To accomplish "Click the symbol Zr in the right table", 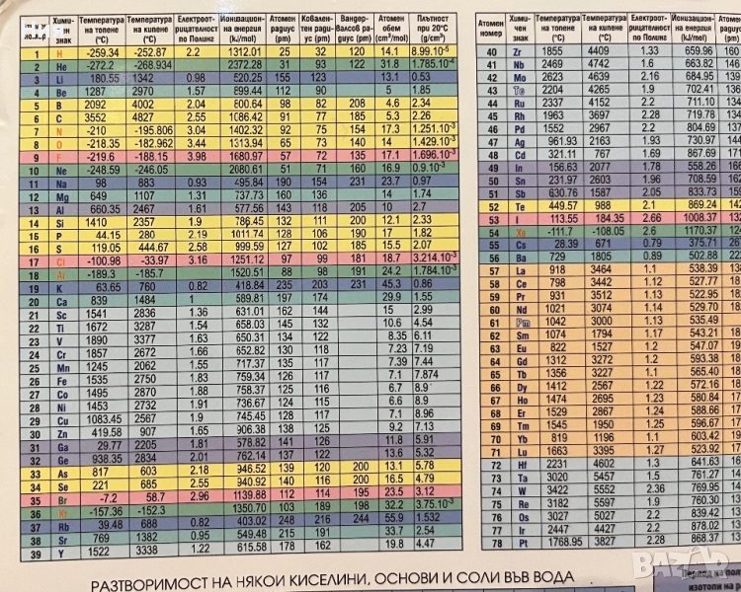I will pyautogui.click(x=518, y=50).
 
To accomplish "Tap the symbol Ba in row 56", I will pyautogui.click(x=520, y=256).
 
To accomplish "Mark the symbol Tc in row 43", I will pyautogui.click(x=519, y=90).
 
